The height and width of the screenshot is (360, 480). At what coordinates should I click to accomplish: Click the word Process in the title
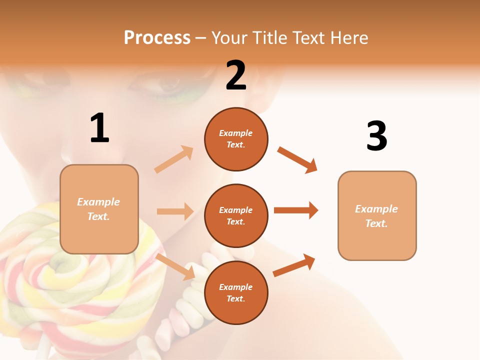click(157, 38)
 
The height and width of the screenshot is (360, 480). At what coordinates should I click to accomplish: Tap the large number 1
click(99, 128)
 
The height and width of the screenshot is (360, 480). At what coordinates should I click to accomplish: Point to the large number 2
click(236, 75)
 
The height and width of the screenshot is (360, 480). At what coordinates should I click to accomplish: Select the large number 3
click(376, 136)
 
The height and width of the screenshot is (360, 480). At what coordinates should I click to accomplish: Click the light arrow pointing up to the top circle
click(174, 159)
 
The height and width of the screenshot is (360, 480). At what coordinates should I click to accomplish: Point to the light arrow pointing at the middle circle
click(175, 211)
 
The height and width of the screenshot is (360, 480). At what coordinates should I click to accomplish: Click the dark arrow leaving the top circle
click(297, 160)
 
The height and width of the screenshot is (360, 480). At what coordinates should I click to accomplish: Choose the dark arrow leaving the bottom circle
click(294, 265)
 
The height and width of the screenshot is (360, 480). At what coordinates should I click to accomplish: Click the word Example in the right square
click(376, 209)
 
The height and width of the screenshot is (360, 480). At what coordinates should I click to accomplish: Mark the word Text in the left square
click(98, 216)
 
